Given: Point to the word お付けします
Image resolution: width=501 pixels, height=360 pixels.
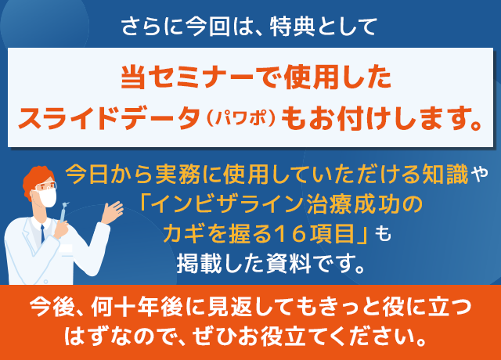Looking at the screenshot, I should tap(391, 119).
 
